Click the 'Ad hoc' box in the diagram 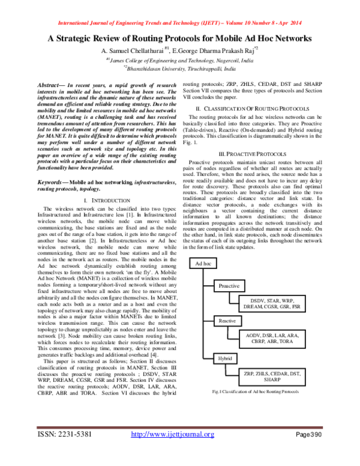point(204,264)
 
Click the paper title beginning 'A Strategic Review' point(180,38)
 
